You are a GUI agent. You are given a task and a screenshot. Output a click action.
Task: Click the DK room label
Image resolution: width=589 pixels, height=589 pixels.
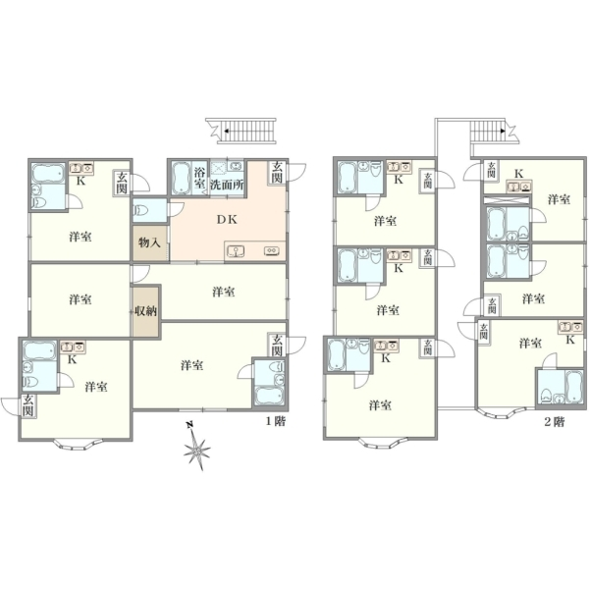point(227,220)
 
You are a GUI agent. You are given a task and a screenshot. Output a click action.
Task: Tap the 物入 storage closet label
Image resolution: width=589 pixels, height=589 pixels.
point(149,242)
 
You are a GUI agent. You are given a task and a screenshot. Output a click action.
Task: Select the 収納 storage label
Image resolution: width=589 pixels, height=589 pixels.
point(145,311)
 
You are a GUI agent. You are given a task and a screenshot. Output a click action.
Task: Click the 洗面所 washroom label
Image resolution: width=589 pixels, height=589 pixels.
point(227,185)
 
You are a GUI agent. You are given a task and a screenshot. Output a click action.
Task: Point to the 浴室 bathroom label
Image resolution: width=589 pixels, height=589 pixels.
point(199,179)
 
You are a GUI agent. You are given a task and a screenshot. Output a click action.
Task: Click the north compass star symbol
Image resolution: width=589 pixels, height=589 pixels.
point(196,448)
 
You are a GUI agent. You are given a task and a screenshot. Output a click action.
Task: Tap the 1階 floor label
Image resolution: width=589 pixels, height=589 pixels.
point(276,421)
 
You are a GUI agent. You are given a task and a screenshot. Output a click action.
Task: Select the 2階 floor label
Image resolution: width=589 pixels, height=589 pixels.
point(555,422)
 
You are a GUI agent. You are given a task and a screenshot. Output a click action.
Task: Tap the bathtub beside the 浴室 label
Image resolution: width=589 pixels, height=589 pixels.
point(181,178)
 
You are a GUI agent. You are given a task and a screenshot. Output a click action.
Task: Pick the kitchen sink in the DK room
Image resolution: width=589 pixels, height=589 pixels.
point(236,250)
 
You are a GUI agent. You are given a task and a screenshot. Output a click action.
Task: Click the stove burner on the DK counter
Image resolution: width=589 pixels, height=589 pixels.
point(271,250)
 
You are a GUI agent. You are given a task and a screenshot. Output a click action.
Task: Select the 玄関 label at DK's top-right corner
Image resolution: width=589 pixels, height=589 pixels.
point(277,173)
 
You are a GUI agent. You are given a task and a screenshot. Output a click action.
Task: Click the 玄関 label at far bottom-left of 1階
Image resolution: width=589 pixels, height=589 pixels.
point(27,405)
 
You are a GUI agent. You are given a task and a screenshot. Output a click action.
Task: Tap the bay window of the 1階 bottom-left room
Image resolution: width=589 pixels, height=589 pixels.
point(75,444)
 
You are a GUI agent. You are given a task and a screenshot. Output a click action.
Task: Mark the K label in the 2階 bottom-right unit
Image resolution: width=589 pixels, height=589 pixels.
point(570,340)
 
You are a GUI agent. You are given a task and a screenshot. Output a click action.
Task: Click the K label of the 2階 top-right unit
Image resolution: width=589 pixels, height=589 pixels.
point(518,174)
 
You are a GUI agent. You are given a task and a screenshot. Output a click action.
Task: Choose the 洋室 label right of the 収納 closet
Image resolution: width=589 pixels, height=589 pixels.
point(224,292)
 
